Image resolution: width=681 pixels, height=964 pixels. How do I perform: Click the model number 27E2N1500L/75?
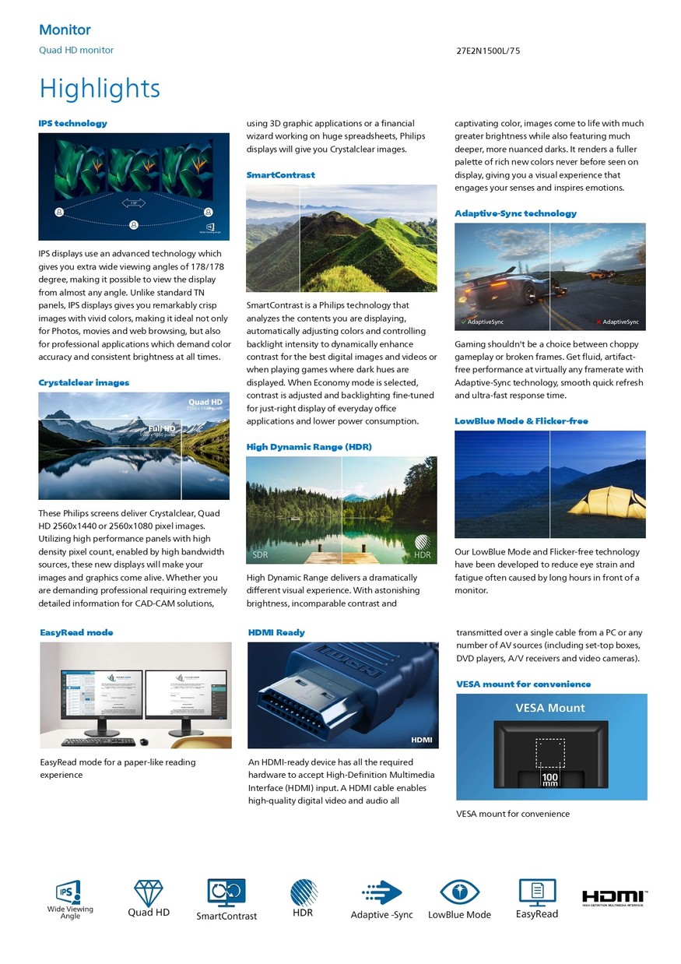(488, 51)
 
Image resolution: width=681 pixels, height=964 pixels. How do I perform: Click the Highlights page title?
(100, 89)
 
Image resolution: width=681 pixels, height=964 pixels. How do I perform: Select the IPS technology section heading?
(73, 123)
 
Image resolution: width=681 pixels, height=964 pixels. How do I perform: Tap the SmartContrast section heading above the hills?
(280, 175)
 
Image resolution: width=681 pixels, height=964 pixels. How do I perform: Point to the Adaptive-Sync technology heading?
(515, 213)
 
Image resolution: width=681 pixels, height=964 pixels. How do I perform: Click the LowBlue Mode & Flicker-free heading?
(521, 421)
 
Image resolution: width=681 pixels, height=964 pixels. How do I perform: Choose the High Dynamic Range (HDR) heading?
(309, 447)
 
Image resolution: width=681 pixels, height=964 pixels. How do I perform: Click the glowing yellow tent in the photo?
(606, 500)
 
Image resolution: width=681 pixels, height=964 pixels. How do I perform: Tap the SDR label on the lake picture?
(261, 555)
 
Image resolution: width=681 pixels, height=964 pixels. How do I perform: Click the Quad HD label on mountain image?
(205, 402)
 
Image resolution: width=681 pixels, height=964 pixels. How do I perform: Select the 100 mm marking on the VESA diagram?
(550, 779)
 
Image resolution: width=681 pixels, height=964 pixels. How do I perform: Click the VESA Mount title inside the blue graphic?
(550, 708)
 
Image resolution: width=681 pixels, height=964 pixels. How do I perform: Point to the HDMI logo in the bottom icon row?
(615, 897)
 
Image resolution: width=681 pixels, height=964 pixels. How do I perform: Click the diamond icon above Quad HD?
(149, 892)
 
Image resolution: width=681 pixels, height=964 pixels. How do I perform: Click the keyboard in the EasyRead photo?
(87, 741)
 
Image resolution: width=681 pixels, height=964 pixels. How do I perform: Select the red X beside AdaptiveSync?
(598, 322)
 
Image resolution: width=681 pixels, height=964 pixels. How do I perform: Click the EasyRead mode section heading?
(76, 632)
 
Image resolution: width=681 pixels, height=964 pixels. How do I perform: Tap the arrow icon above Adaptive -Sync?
(381, 892)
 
